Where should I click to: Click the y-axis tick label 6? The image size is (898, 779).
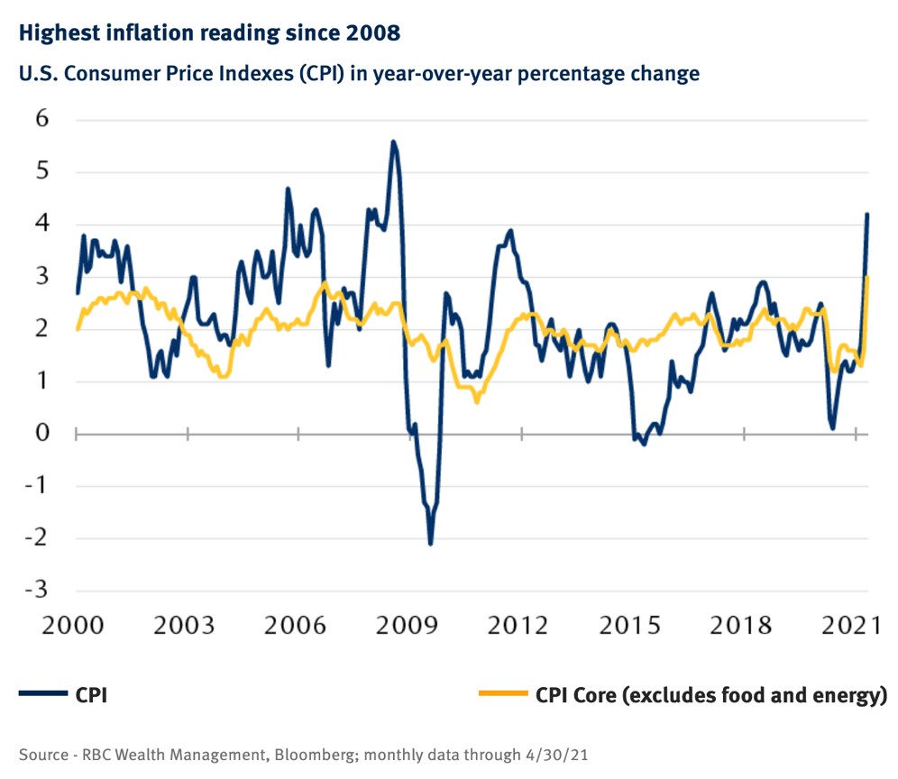pyautogui.click(x=40, y=119)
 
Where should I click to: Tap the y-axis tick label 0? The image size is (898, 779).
pyautogui.click(x=40, y=434)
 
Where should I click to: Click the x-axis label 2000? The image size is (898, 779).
pyautogui.click(x=77, y=626)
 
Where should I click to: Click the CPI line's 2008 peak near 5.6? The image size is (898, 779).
pyautogui.click(x=393, y=142)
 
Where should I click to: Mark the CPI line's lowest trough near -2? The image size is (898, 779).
pyautogui.click(x=430, y=544)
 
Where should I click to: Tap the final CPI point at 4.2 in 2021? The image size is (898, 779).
pyautogui.click(x=867, y=215)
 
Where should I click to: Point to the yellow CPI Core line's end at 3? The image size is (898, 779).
pyautogui.click(x=867, y=278)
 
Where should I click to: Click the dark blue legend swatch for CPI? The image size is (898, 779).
pyautogui.click(x=42, y=694)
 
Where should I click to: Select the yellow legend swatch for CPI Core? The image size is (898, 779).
pyautogui.click(x=500, y=694)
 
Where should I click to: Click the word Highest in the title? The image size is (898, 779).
pyautogui.click(x=59, y=34)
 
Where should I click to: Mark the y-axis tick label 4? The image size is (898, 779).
pyautogui.click(x=40, y=225)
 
